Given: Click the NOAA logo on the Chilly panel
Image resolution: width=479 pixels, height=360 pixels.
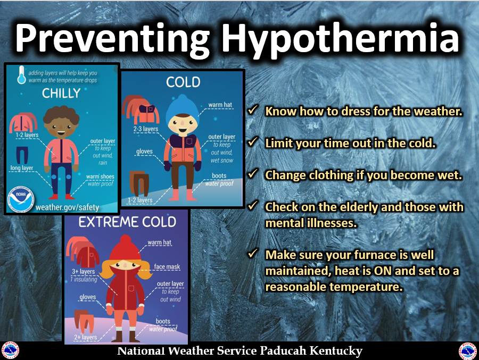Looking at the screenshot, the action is [21, 199].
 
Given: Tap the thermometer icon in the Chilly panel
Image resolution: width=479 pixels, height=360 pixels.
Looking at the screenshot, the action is [21, 74].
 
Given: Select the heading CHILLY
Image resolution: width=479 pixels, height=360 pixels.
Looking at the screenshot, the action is [61, 93].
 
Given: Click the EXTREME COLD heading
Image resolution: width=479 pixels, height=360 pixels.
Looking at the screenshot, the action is [127, 222].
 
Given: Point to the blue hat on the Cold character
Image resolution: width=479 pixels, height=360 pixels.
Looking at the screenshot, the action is [182, 107].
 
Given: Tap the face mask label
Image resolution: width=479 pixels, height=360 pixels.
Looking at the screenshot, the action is [167, 266].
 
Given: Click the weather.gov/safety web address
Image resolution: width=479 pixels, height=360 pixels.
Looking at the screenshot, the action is [67, 207].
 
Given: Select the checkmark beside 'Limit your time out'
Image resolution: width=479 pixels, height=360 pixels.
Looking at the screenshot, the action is [253, 141].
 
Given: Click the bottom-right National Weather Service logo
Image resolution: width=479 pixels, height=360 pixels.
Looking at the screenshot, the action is [468, 351].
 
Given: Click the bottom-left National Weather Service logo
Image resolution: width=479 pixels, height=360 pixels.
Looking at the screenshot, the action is [10, 350].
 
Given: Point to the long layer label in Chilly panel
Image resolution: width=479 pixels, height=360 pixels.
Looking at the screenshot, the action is [22, 168].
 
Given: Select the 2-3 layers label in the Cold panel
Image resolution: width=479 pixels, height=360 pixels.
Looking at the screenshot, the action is [146, 129].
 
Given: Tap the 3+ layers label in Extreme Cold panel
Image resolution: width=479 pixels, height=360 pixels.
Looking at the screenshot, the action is [84, 271].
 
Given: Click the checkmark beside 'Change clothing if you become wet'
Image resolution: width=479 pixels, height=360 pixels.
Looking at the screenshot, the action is [253, 173].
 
